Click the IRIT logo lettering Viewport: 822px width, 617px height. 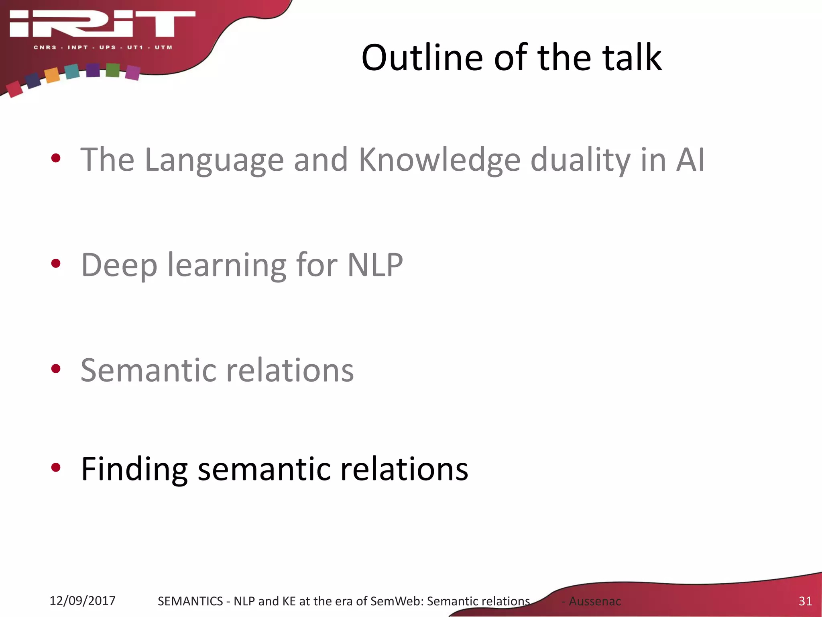102,24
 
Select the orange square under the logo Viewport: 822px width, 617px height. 52,75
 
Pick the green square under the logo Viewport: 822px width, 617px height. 113,70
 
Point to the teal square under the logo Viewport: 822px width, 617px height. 72,72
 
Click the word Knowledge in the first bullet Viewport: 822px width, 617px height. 439,160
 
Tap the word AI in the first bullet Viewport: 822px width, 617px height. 690,160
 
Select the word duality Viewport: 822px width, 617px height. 580,160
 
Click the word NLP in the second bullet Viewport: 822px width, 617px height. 375,265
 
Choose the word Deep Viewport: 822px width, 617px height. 119,265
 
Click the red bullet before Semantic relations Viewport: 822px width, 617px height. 56,369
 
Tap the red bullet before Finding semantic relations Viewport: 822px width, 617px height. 56,467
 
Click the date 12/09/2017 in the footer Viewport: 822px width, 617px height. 82,601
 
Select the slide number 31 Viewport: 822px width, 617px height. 805,601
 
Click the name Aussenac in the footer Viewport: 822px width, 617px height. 595,601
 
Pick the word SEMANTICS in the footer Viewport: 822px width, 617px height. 190,601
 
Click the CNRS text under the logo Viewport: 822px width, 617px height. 45,47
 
